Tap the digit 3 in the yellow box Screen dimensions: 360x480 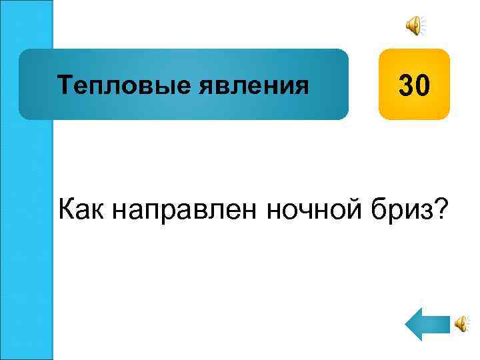(x=407, y=85)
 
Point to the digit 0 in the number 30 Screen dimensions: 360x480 (x=425, y=85)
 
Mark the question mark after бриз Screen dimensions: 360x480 (x=441, y=211)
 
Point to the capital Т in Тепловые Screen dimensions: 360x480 (x=64, y=85)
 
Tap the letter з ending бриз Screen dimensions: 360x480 (x=424, y=213)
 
